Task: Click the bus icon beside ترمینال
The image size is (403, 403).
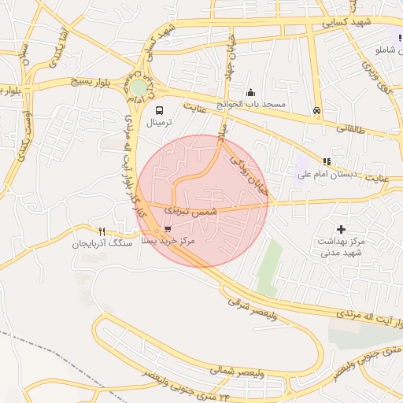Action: click(160, 111)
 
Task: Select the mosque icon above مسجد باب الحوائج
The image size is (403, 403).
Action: click(251, 92)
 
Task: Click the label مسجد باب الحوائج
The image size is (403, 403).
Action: click(254, 104)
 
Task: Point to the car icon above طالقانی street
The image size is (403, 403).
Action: click(316, 111)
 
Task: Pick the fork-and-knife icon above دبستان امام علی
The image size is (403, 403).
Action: click(327, 161)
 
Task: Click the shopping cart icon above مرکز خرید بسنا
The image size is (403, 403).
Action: click(168, 229)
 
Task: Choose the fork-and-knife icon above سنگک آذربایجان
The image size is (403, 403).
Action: click(102, 231)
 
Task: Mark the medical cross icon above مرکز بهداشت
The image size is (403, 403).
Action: click(340, 227)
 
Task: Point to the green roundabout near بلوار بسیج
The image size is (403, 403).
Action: click(139, 87)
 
